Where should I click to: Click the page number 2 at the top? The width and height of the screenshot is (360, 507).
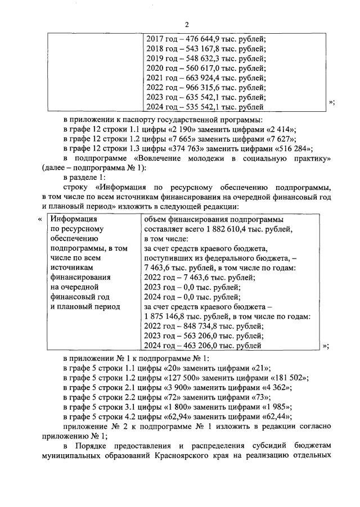click(x=187, y=24)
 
